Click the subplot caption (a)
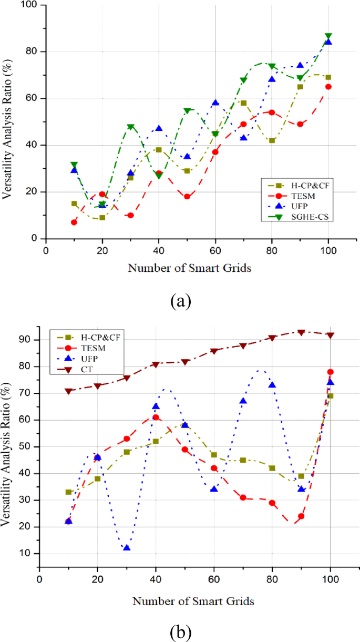coord(181,301)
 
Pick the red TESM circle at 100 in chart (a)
coord(328,87)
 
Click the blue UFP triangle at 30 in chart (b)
coord(127,548)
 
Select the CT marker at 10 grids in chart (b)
coord(69,391)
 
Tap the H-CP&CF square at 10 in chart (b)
coord(68,492)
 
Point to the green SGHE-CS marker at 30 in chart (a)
coord(130,127)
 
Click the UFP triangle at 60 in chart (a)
coord(215,103)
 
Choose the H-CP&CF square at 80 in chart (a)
coord(272,140)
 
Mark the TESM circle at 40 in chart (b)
coord(156,417)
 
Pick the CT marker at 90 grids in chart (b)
coord(301,332)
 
